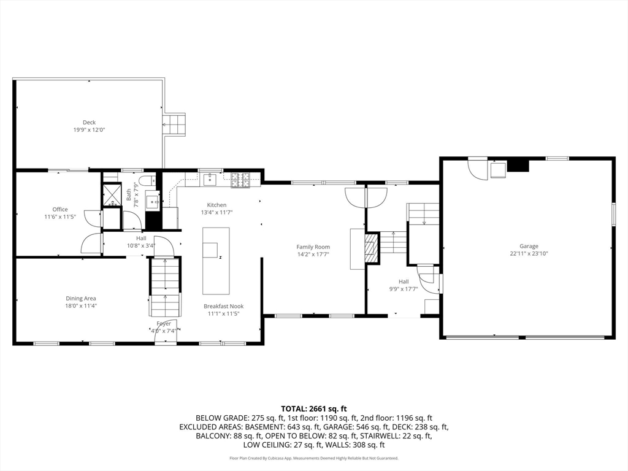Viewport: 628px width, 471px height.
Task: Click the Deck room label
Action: tap(90, 123)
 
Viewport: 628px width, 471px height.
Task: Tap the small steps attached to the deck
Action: tap(174, 124)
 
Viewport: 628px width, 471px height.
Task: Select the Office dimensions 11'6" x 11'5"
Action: tap(60, 217)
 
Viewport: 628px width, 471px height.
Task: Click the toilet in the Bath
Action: tap(147, 180)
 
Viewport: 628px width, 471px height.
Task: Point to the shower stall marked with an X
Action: tap(112, 196)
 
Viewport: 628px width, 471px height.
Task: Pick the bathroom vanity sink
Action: tap(152, 200)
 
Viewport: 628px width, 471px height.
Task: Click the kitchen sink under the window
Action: tap(211, 178)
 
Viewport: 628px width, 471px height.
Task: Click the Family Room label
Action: tap(313, 247)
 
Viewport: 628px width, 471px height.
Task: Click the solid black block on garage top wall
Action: tap(519, 165)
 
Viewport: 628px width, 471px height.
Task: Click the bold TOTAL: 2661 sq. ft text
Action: tap(314, 408)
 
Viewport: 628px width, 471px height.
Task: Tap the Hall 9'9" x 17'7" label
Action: tap(403, 285)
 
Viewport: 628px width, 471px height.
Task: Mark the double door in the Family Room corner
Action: tap(366, 196)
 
